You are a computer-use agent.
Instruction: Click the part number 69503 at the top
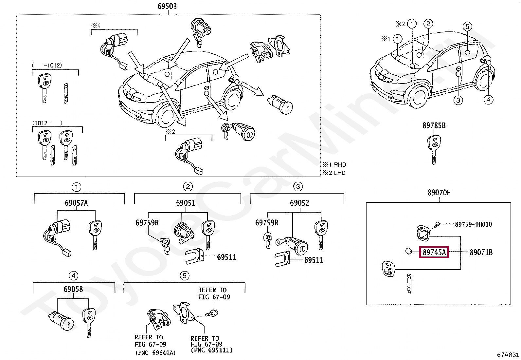(167, 6)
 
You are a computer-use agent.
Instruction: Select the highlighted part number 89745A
(434, 252)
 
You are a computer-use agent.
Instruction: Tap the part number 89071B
(481, 252)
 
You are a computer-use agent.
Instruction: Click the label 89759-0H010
(473, 224)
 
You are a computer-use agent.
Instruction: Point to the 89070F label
(439, 193)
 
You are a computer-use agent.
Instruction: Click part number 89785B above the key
(434, 125)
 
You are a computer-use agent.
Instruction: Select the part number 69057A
(76, 203)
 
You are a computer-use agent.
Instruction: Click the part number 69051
(186, 203)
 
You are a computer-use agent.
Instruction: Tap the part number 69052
(299, 203)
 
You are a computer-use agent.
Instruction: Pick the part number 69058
(73, 289)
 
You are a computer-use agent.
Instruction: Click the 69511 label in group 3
(314, 260)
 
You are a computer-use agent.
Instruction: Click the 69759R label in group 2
(147, 223)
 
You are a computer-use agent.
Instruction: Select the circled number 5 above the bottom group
(185, 276)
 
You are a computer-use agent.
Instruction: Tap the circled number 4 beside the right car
(488, 100)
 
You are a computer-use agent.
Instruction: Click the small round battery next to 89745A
(409, 251)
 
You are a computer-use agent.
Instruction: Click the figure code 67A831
(508, 355)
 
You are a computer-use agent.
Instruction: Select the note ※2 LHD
(334, 173)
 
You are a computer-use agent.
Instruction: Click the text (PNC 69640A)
(155, 352)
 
